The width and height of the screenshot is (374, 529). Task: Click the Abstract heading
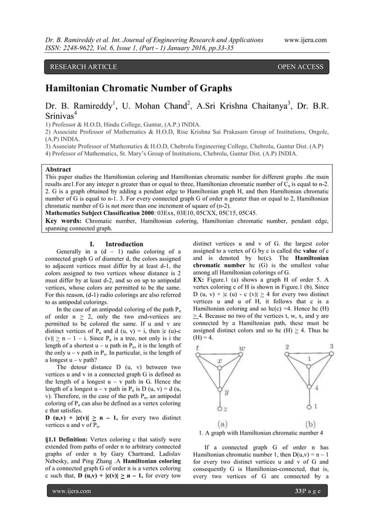[62, 167]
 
